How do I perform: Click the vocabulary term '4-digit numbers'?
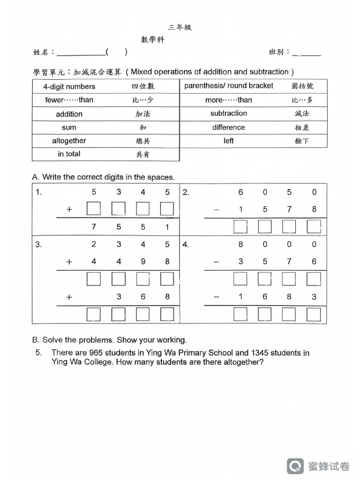pyautogui.click(x=69, y=87)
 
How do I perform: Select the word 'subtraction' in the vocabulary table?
pyautogui.click(x=228, y=113)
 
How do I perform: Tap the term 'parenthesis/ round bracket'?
pyautogui.click(x=229, y=86)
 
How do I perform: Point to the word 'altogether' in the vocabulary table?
pyautogui.click(x=69, y=141)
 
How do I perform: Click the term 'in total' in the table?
pyautogui.click(x=69, y=154)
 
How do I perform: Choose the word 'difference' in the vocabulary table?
pyautogui.click(x=228, y=127)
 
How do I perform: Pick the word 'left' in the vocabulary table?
pyautogui.click(x=229, y=141)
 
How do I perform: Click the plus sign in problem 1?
pyautogui.click(x=69, y=210)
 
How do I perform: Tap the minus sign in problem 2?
pyautogui.click(x=216, y=210)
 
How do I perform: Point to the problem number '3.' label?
pyautogui.click(x=38, y=244)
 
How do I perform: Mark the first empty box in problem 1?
pyautogui.click(x=94, y=209)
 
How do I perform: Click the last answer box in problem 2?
pyautogui.click(x=314, y=227)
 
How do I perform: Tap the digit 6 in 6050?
pyautogui.click(x=240, y=192)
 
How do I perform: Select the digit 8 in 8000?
pyautogui.click(x=240, y=244)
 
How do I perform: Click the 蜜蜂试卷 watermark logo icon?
pyautogui.click(x=295, y=466)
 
